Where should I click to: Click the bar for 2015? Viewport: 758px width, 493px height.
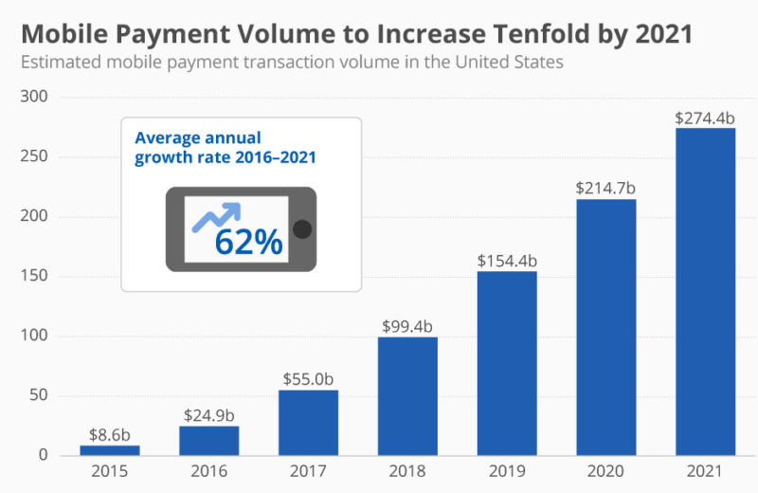pyautogui.click(x=109, y=450)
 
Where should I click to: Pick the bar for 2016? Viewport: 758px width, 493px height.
pyautogui.click(x=208, y=440)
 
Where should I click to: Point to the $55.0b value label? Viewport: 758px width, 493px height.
pyautogui.click(x=308, y=378)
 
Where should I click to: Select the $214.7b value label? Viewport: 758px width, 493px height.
pyautogui.click(x=605, y=188)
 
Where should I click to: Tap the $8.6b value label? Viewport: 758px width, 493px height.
pyautogui.click(x=109, y=434)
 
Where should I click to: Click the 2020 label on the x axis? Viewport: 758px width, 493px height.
pyautogui.click(x=605, y=471)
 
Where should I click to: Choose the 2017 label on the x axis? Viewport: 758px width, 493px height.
pyautogui.click(x=308, y=471)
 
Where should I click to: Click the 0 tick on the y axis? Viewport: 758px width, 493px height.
pyautogui.click(x=44, y=455)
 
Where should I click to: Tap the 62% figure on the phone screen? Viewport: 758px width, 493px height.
pyautogui.click(x=248, y=242)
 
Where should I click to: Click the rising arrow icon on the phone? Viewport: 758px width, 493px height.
pyautogui.click(x=217, y=217)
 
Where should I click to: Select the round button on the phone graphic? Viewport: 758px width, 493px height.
pyautogui.click(x=302, y=228)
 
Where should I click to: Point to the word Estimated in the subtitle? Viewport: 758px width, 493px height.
pyautogui.click(x=61, y=64)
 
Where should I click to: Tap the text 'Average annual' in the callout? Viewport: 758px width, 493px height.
pyautogui.click(x=197, y=137)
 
